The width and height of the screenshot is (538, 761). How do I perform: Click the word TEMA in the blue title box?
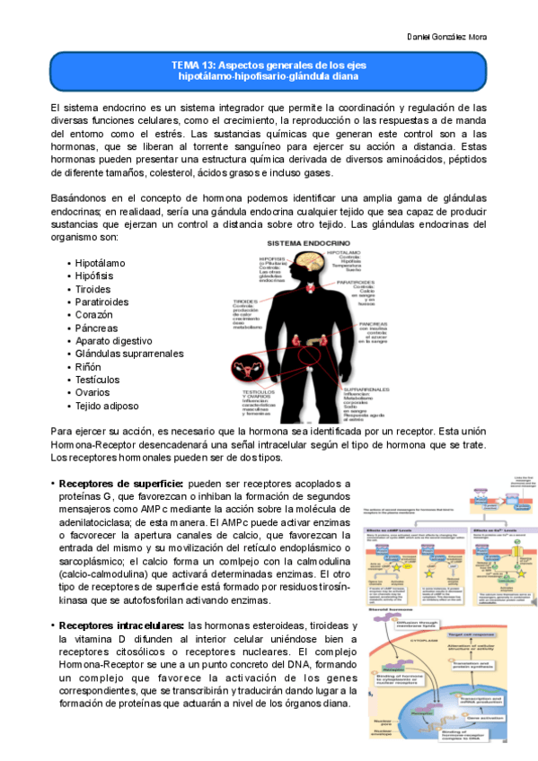click(187, 66)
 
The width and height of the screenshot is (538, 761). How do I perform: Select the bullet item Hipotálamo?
click(101, 263)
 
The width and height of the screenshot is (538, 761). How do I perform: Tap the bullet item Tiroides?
click(93, 289)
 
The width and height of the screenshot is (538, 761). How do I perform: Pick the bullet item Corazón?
click(94, 315)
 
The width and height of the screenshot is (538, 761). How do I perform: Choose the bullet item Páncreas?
click(97, 328)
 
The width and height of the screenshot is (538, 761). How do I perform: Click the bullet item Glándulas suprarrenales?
click(129, 354)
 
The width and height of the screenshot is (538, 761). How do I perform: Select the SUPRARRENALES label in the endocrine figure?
click(369, 389)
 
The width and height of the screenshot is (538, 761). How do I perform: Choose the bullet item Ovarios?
click(93, 393)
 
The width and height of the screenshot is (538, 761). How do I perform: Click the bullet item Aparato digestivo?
click(114, 341)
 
